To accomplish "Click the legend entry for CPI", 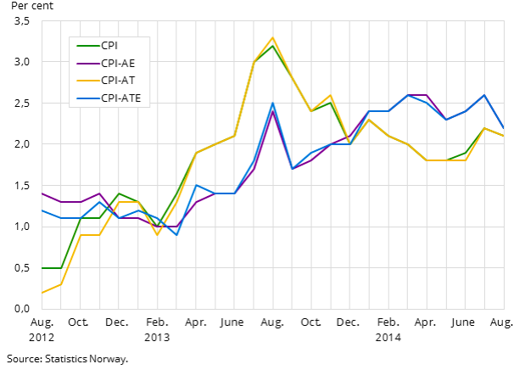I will point(110,44).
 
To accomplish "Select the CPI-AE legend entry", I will point(118,63).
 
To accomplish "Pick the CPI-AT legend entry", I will point(118,81).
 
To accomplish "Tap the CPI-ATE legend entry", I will point(120,98).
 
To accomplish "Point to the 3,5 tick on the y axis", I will point(22,21).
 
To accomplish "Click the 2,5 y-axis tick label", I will point(22,104).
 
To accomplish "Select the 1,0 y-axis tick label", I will point(22,227).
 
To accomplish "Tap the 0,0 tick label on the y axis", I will point(22,309).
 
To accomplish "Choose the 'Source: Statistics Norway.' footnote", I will point(67,359).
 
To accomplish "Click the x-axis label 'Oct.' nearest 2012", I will point(79,322).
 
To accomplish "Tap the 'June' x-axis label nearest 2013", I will point(232,322).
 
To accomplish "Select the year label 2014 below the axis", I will point(388,337).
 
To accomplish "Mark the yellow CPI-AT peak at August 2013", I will point(272,38).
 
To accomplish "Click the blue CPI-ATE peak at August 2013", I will point(272,104).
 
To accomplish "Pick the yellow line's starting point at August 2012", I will point(42,293).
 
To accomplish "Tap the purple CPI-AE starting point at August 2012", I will point(42,193).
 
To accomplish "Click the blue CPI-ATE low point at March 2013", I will point(176,235).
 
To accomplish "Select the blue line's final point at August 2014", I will point(504,128).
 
